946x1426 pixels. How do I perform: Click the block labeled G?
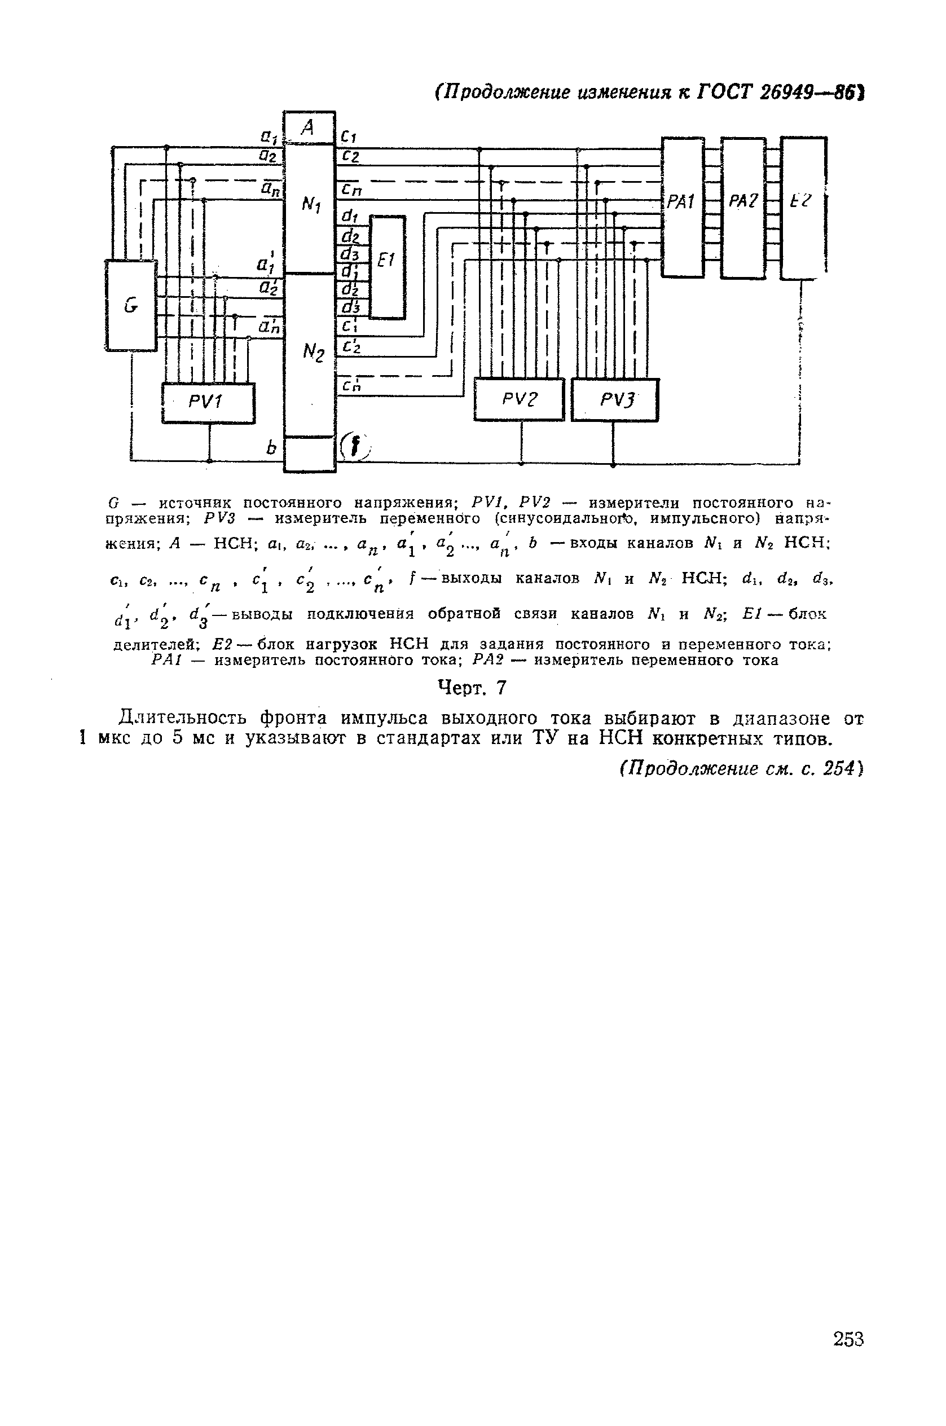click(131, 305)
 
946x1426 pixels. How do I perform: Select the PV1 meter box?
click(208, 402)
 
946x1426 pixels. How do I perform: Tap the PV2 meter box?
click(519, 399)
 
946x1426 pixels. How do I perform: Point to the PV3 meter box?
click(614, 399)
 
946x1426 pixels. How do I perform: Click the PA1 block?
click(683, 206)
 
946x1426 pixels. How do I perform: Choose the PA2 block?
click(743, 206)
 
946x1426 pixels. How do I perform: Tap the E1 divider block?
click(388, 266)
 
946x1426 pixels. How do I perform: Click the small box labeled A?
click(309, 127)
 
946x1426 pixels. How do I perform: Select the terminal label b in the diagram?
click(271, 447)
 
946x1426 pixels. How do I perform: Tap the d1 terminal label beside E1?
click(349, 216)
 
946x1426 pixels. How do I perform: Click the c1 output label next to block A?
click(349, 137)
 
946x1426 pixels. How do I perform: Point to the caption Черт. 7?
click(472, 688)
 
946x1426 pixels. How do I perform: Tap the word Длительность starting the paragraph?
click(183, 719)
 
